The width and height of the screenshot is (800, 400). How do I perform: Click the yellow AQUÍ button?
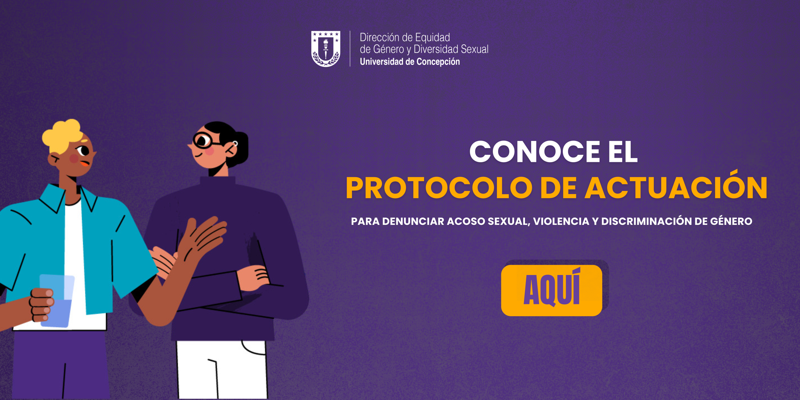552,290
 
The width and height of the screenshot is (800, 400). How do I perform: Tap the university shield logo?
326,48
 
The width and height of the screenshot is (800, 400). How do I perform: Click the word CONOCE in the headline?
535,152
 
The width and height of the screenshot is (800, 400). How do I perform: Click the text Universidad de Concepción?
410,62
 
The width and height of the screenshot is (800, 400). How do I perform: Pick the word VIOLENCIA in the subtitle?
561,221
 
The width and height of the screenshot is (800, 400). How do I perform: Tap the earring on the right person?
235,143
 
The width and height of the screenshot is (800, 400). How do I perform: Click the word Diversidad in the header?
436,49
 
